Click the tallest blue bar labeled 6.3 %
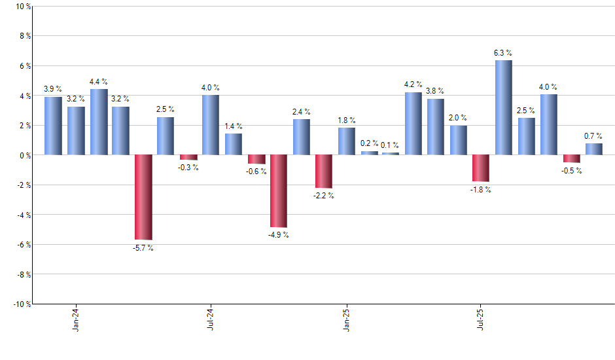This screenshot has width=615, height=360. (503, 107)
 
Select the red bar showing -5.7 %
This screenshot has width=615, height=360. (143, 197)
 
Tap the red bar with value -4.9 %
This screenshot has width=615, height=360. (279, 191)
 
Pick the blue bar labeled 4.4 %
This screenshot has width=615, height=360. (99, 122)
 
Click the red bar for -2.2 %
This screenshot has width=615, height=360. (324, 171)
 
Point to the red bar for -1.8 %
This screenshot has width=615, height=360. (481, 168)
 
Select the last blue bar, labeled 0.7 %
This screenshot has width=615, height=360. (593, 149)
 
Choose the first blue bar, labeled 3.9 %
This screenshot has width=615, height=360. (54, 126)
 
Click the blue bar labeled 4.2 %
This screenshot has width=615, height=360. (413, 124)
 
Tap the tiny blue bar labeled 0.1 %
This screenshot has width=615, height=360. (391, 154)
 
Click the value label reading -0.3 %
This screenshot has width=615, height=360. (188, 168)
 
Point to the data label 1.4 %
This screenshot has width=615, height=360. (234, 126)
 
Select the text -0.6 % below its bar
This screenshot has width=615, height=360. (256, 171)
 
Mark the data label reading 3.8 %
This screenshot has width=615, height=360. (435, 91)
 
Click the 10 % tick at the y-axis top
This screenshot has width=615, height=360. (22, 7)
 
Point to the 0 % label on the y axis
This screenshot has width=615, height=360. (24, 155)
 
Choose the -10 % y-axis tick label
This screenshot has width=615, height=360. (20, 304)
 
